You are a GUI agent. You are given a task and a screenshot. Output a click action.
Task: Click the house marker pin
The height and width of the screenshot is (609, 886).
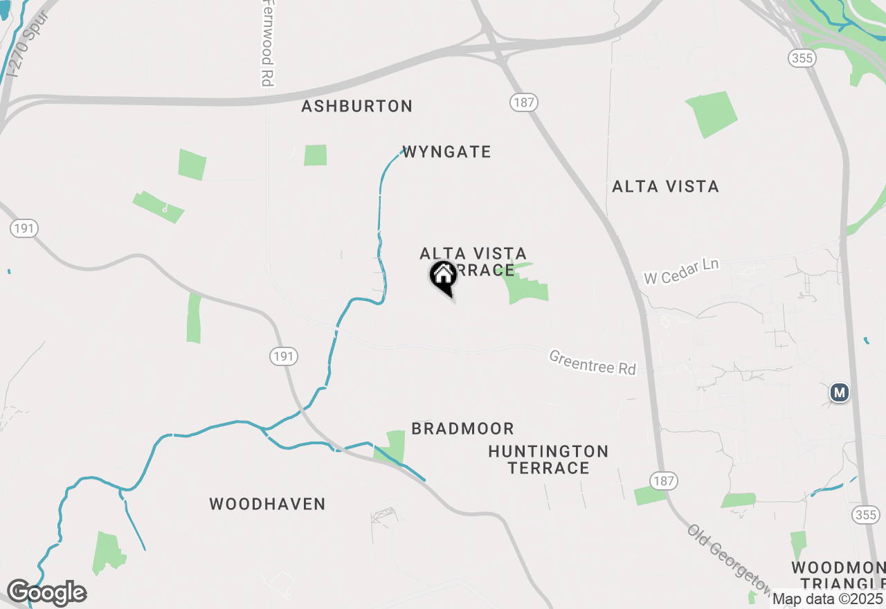(x=443, y=277)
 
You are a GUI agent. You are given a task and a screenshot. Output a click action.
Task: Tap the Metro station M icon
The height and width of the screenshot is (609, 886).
(x=840, y=393)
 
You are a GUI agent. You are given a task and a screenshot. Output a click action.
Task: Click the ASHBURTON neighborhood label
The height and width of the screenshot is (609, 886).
(x=357, y=107)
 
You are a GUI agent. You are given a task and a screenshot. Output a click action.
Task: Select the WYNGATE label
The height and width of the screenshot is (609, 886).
(x=446, y=152)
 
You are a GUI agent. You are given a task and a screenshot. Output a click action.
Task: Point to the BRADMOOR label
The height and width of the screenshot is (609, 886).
(x=462, y=428)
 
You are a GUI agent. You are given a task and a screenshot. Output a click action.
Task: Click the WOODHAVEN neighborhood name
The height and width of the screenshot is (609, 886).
(x=267, y=504)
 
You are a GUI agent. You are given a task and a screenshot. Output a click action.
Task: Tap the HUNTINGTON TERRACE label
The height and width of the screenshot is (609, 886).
(x=548, y=460)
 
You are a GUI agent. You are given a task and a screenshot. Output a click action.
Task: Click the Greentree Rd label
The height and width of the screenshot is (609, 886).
(x=593, y=362)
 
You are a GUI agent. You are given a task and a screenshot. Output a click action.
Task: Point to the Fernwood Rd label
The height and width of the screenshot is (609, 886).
(x=266, y=44)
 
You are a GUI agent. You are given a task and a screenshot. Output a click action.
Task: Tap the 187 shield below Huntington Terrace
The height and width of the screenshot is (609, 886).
(x=664, y=481)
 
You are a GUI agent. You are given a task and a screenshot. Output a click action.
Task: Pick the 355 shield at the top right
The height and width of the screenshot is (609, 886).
(x=802, y=58)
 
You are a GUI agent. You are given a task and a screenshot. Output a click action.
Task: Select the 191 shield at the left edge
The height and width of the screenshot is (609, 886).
(x=24, y=228)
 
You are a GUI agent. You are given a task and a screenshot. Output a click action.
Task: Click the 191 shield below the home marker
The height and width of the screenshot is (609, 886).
(x=284, y=356)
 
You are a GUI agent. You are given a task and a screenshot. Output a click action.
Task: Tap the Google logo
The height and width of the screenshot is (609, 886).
(x=46, y=593)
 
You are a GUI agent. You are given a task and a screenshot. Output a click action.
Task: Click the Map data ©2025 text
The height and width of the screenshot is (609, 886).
(x=828, y=599)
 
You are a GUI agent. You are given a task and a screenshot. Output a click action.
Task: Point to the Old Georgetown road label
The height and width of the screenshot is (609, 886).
(x=730, y=561)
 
